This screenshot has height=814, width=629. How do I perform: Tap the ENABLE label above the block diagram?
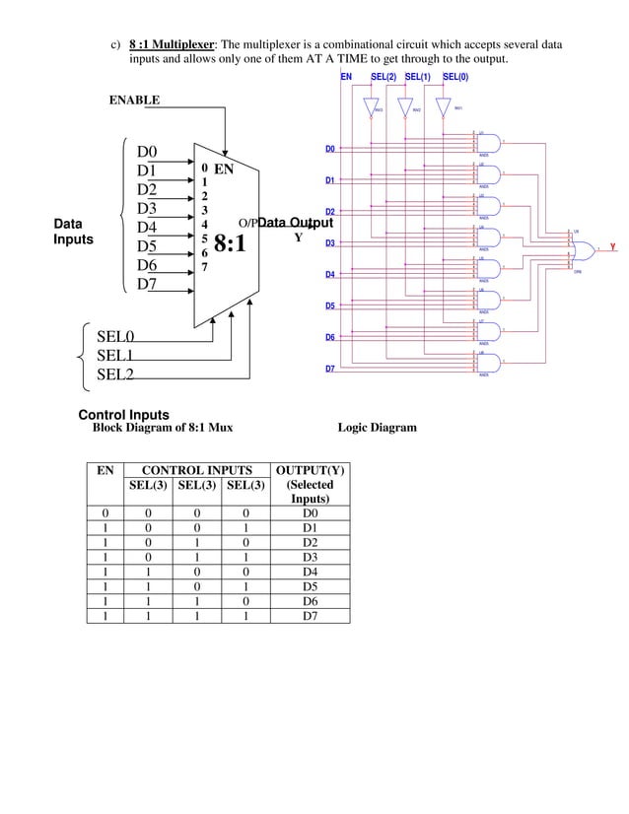click(x=134, y=101)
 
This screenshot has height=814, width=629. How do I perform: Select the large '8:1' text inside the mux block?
click(x=229, y=242)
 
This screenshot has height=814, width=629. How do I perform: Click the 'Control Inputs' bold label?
click(x=123, y=414)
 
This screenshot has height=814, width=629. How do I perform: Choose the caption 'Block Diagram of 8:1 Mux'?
click(x=162, y=428)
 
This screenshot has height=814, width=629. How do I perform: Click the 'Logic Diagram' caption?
click(x=377, y=428)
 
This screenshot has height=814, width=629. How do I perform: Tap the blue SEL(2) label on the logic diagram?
click(x=384, y=76)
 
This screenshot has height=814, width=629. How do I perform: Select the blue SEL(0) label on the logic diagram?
click(x=455, y=76)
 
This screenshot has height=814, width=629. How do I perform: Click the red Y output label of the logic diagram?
click(x=612, y=246)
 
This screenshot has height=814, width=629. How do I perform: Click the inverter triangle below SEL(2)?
click(x=371, y=106)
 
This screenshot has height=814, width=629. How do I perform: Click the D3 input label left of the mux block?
click(x=147, y=209)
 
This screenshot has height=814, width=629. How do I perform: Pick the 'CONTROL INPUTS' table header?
click(x=197, y=470)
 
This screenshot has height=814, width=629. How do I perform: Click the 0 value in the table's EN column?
click(x=105, y=513)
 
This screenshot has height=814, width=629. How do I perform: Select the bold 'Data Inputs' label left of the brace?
click(x=72, y=232)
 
